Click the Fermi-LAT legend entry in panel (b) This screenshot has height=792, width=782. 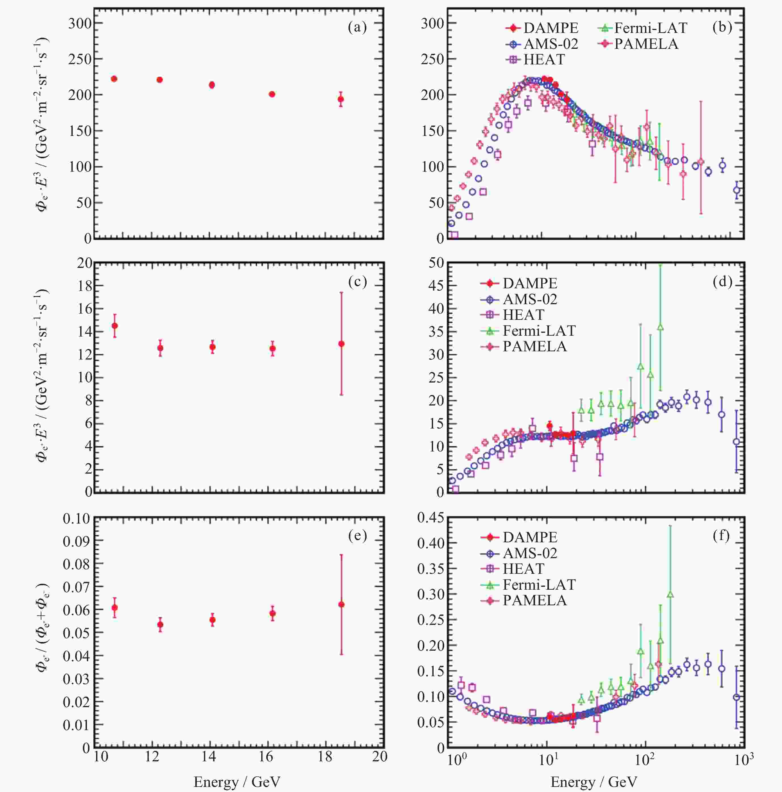click(642, 28)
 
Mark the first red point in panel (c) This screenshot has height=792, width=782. click(115, 325)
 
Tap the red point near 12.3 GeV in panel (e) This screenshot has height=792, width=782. click(160, 624)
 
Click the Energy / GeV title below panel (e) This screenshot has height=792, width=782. click(237, 781)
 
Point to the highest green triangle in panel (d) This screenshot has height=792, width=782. click(660, 327)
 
